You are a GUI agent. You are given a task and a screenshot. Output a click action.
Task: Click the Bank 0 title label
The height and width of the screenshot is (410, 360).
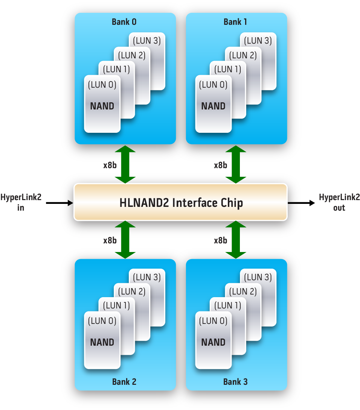[x=124, y=22]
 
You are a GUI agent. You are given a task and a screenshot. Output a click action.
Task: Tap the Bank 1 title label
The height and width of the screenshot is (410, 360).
[x=235, y=22]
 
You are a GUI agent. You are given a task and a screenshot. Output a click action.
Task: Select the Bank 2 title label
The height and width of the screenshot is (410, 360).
[x=124, y=382]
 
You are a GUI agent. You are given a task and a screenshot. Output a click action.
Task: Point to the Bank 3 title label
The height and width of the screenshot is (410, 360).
[x=235, y=382]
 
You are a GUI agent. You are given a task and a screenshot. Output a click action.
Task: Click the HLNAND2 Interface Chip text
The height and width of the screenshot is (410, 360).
[x=181, y=203]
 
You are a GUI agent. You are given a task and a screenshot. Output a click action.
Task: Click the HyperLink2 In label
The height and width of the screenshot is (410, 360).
[x=21, y=202]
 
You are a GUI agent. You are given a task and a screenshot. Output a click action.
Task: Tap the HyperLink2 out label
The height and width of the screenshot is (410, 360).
[x=339, y=202]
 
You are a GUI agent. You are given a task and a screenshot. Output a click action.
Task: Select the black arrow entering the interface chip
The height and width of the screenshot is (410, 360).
[x=59, y=203]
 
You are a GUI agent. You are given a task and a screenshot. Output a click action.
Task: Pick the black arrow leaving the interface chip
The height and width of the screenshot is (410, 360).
[x=301, y=203]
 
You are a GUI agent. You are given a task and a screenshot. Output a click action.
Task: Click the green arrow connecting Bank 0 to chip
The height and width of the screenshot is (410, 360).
[x=125, y=165]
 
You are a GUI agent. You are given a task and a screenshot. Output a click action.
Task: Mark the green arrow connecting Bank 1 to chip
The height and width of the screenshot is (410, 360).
[x=236, y=165]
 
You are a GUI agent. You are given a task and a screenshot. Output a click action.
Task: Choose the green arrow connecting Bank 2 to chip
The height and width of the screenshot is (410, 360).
[x=125, y=240]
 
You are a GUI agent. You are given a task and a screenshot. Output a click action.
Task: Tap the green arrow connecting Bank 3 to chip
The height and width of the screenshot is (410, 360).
[x=236, y=240]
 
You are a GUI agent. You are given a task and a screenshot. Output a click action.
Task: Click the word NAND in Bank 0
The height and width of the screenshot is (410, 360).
[x=102, y=106]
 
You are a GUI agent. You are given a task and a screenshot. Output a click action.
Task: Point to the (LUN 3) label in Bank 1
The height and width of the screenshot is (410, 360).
[x=258, y=41]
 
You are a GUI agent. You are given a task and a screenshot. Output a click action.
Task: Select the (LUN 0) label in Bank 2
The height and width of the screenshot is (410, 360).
[x=102, y=321]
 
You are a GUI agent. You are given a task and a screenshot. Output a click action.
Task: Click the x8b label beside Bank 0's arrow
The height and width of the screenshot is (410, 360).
[x=110, y=165]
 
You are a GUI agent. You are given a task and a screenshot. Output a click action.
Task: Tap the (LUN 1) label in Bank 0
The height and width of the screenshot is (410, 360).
[x=117, y=69]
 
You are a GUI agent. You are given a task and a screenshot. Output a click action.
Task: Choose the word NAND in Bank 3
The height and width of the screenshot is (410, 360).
[x=213, y=343]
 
